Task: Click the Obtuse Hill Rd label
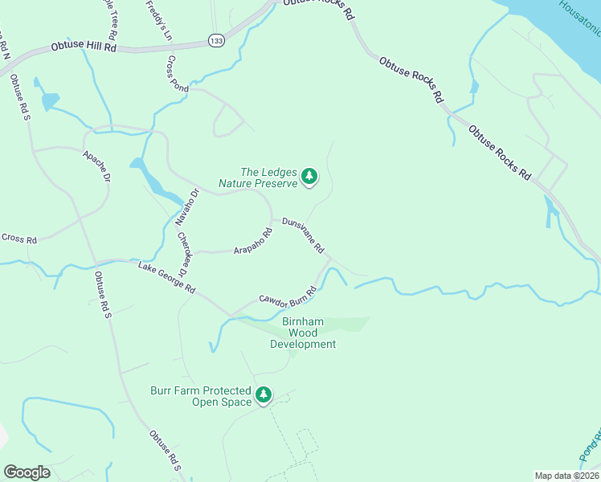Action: click(x=83, y=48)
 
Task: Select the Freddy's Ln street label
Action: click(x=159, y=20)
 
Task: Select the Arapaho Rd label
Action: click(x=253, y=241)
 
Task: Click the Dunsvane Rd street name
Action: click(x=303, y=234)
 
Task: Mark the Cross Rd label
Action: click(x=19, y=239)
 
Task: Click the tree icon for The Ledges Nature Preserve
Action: click(x=309, y=177)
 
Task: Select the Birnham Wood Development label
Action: click(x=302, y=333)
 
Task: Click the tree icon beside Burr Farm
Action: click(x=264, y=395)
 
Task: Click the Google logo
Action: click(x=27, y=472)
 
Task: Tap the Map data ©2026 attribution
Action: click(x=566, y=476)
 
